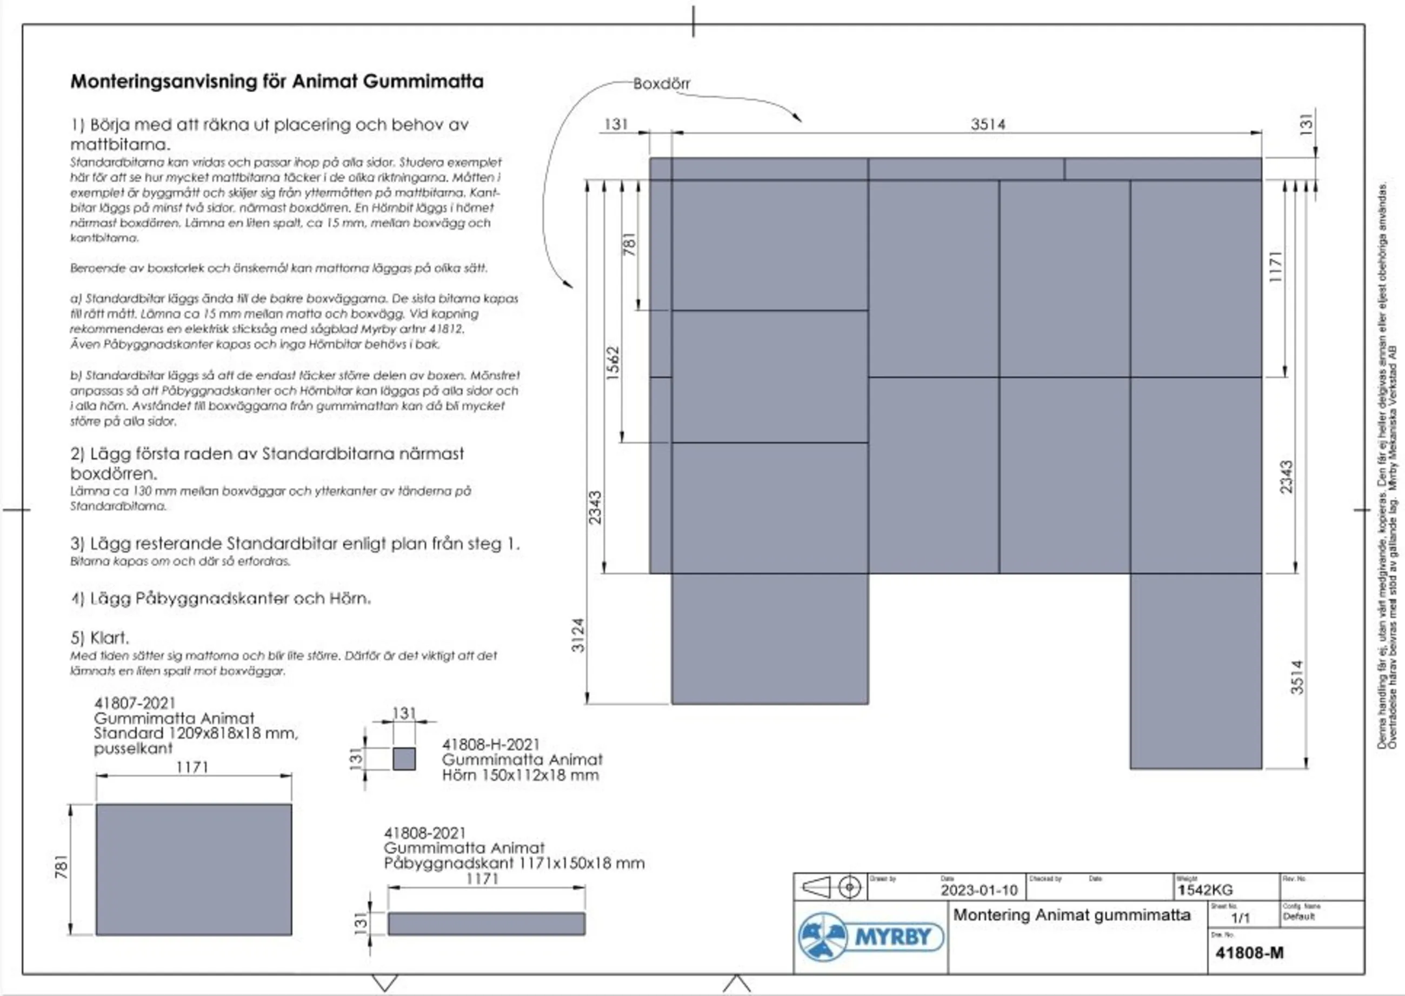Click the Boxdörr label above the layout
(x=661, y=83)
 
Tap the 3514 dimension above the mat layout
(x=988, y=124)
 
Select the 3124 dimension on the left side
(x=578, y=635)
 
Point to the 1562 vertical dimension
(x=613, y=363)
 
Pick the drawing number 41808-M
(x=1249, y=952)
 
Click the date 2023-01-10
(x=978, y=890)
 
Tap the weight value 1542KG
(x=1205, y=890)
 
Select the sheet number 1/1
(x=1240, y=918)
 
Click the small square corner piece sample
(x=404, y=759)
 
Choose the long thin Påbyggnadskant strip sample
(x=486, y=924)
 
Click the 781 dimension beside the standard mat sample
(x=61, y=867)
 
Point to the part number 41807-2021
(x=135, y=703)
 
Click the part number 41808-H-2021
(x=491, y=745)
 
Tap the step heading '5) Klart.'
(x=99, y=638)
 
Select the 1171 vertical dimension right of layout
(x=1276, y=267)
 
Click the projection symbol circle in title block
(x=849, y=887)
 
